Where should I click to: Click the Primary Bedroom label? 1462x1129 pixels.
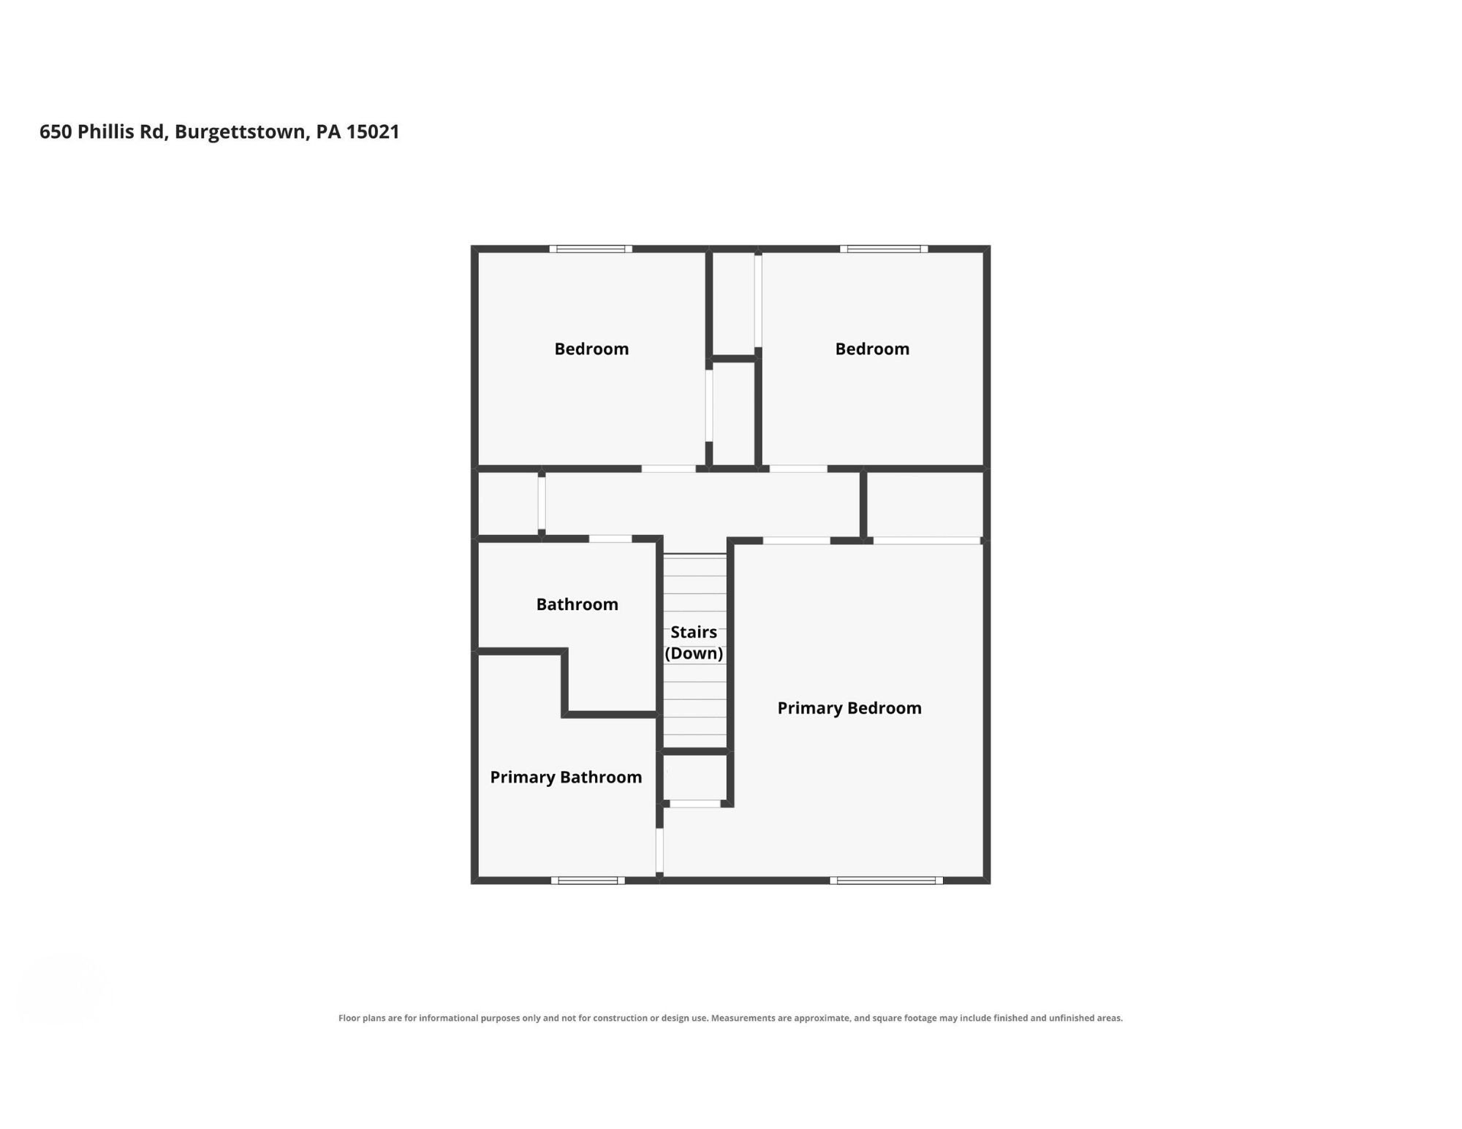(x=849, y=708)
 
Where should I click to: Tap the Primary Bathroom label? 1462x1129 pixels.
(x=566, y=778)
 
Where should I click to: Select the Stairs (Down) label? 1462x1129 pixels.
(x=694, y=643)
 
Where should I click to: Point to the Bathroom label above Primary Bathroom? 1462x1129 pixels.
(x=577, y=604)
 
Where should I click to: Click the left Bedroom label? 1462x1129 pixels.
(x=591, y=349)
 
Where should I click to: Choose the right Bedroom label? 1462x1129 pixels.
(x=872, y=349)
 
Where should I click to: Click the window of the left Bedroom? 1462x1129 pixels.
(x=591, y=249)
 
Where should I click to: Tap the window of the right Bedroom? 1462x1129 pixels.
(x=884, y=249)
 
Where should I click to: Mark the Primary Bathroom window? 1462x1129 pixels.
(x=588, y=881)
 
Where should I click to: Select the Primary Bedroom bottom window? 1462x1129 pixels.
(x=886, y=881)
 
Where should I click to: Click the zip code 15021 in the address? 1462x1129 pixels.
(x=373, y=132)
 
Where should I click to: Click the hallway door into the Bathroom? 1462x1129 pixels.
(x=610, y=539)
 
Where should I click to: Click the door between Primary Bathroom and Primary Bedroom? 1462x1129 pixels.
(x=659, y=850)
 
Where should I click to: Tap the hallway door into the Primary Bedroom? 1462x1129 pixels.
(x=797, y=541)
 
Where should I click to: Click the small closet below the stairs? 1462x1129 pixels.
(x=694, y=778)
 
